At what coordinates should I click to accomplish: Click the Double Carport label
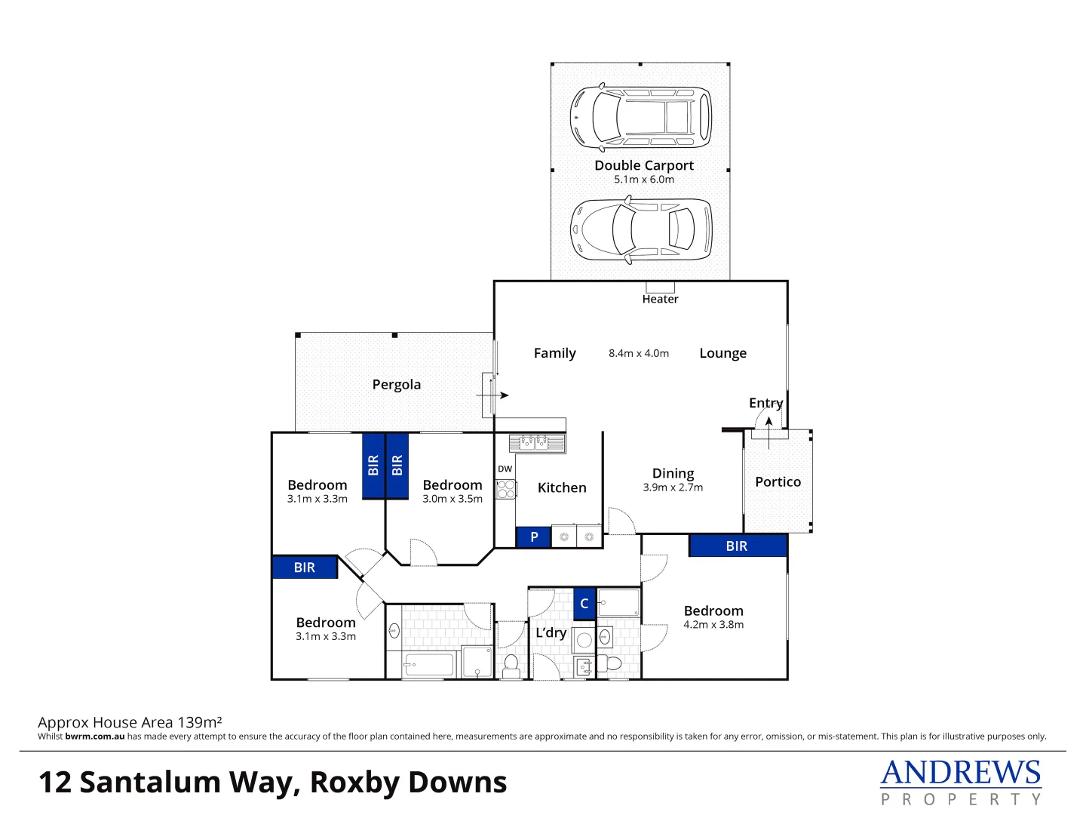click(644, 165)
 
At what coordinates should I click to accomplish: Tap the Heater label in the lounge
click(660, 300)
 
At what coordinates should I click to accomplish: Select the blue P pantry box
click(534, 537)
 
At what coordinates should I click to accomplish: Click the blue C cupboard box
click(584, 604)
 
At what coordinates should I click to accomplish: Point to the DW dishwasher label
click(505, 469)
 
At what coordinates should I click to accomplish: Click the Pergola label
click(397, 385)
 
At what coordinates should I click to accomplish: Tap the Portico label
click(778, 482)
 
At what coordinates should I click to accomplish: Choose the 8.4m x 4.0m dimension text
click(639, 353)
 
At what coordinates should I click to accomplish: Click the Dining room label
click(673, 473)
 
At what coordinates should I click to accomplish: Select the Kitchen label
click(562, 488)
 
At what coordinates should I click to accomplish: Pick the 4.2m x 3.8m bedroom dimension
click(713, 625)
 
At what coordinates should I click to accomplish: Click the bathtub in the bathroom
click(429, 665)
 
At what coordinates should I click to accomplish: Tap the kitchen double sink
click(532, 442)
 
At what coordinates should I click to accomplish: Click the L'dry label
click(551, 633)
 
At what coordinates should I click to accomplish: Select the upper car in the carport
click(640, 117)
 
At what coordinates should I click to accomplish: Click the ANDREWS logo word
click(961, 773)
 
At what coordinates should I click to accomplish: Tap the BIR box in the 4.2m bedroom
click(737, 546)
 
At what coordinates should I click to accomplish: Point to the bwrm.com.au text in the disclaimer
click(95, 737)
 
